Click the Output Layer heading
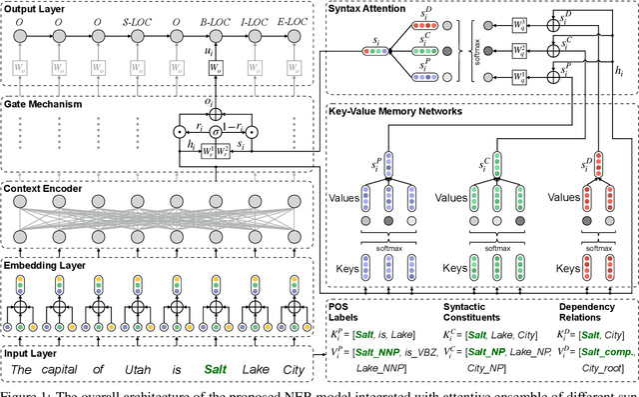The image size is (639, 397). pos(36,8)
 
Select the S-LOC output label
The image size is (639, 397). pos(158,19)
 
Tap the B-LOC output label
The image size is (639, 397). pos(214,19)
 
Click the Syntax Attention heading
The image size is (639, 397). pos(369,8)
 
